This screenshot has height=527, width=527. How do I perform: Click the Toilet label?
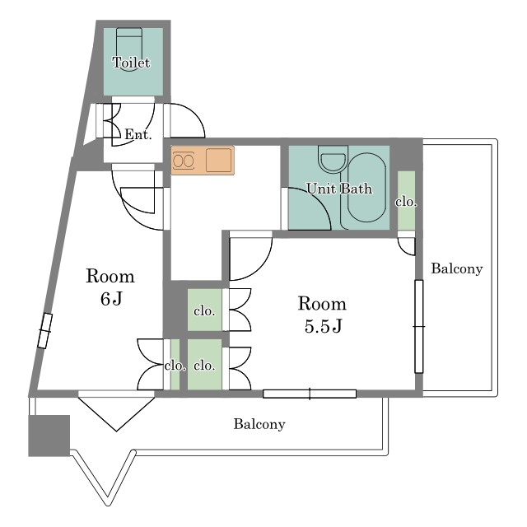131,63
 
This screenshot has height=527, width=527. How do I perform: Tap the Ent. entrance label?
138,134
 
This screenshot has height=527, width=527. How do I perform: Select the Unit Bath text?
339,189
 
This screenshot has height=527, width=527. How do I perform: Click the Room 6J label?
110,287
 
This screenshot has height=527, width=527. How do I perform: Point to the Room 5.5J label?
322,315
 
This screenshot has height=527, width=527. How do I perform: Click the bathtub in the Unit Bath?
366,188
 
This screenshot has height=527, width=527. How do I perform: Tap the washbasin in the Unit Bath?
333,159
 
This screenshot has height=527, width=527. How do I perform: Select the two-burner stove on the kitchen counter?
184,161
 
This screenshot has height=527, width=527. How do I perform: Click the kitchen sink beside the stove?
219,161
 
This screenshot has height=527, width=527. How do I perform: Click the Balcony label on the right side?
457,268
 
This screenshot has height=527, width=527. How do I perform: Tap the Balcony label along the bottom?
259,424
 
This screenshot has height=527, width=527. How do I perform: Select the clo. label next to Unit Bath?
406,202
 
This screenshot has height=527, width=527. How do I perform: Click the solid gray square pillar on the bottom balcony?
49,436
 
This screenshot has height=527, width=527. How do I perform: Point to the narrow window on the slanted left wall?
44,331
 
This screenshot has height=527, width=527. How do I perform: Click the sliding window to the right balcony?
419,326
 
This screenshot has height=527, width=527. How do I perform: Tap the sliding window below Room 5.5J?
310,394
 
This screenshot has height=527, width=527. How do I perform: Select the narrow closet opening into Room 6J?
175,365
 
